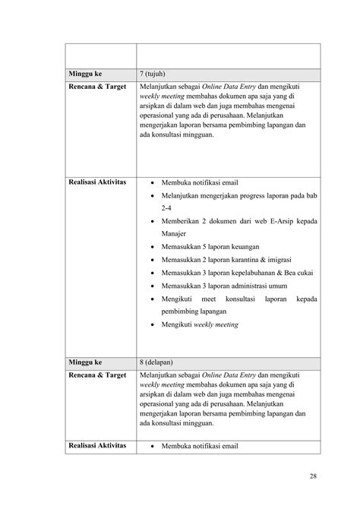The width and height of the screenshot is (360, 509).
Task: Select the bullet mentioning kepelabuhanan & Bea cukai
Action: [x=238, y=273]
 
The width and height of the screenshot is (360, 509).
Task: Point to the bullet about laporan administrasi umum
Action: [x=220, y=286]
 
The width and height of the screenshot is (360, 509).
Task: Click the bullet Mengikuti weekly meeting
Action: [x=199, y=324]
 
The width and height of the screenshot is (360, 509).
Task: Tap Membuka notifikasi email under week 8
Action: [x=200, y=446]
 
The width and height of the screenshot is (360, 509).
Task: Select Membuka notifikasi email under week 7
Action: [x=200, y=182]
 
